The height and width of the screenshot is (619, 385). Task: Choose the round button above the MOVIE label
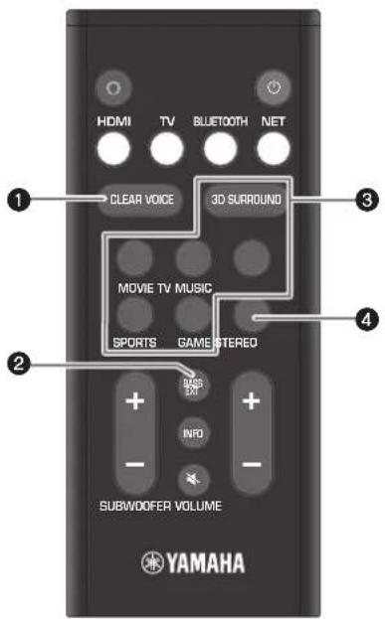tap(135, 257)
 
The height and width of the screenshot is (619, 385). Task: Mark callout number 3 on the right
tap(342, 199)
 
